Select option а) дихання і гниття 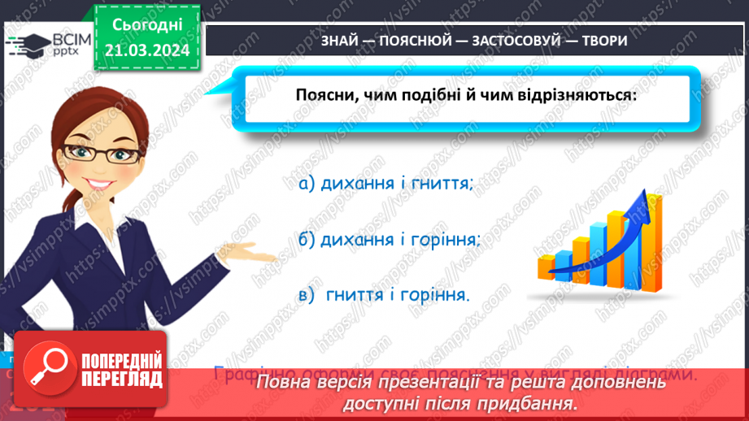(385, 184)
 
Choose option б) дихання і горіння (389, 240)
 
